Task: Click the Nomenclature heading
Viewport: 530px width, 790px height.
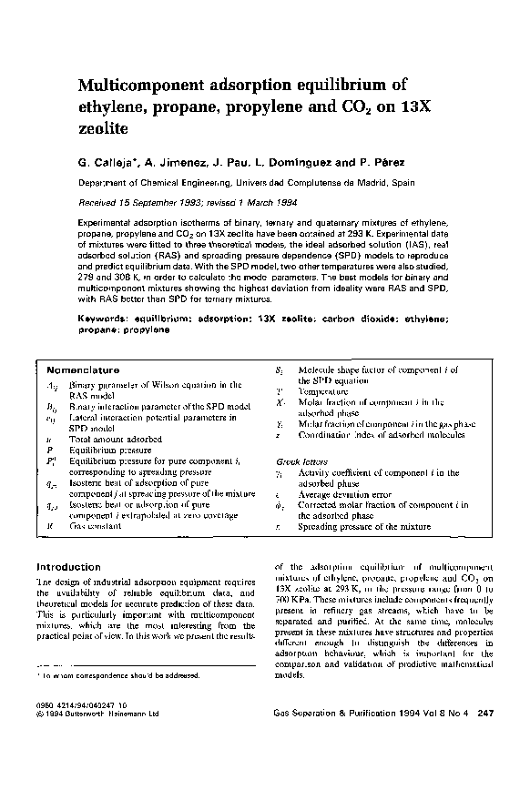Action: pos(83,370)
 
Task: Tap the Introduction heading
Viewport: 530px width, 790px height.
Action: pos(67,567)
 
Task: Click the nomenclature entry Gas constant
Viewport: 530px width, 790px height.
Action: pos(97,526)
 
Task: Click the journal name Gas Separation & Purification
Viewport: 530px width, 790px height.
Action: pos(337,713)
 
